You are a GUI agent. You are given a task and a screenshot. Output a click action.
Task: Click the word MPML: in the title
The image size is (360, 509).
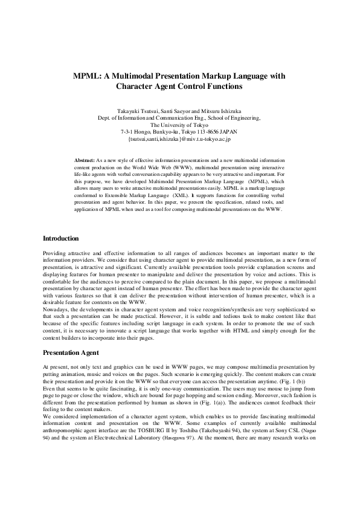89,76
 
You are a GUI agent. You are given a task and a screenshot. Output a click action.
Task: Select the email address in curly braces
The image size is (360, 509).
179,138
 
